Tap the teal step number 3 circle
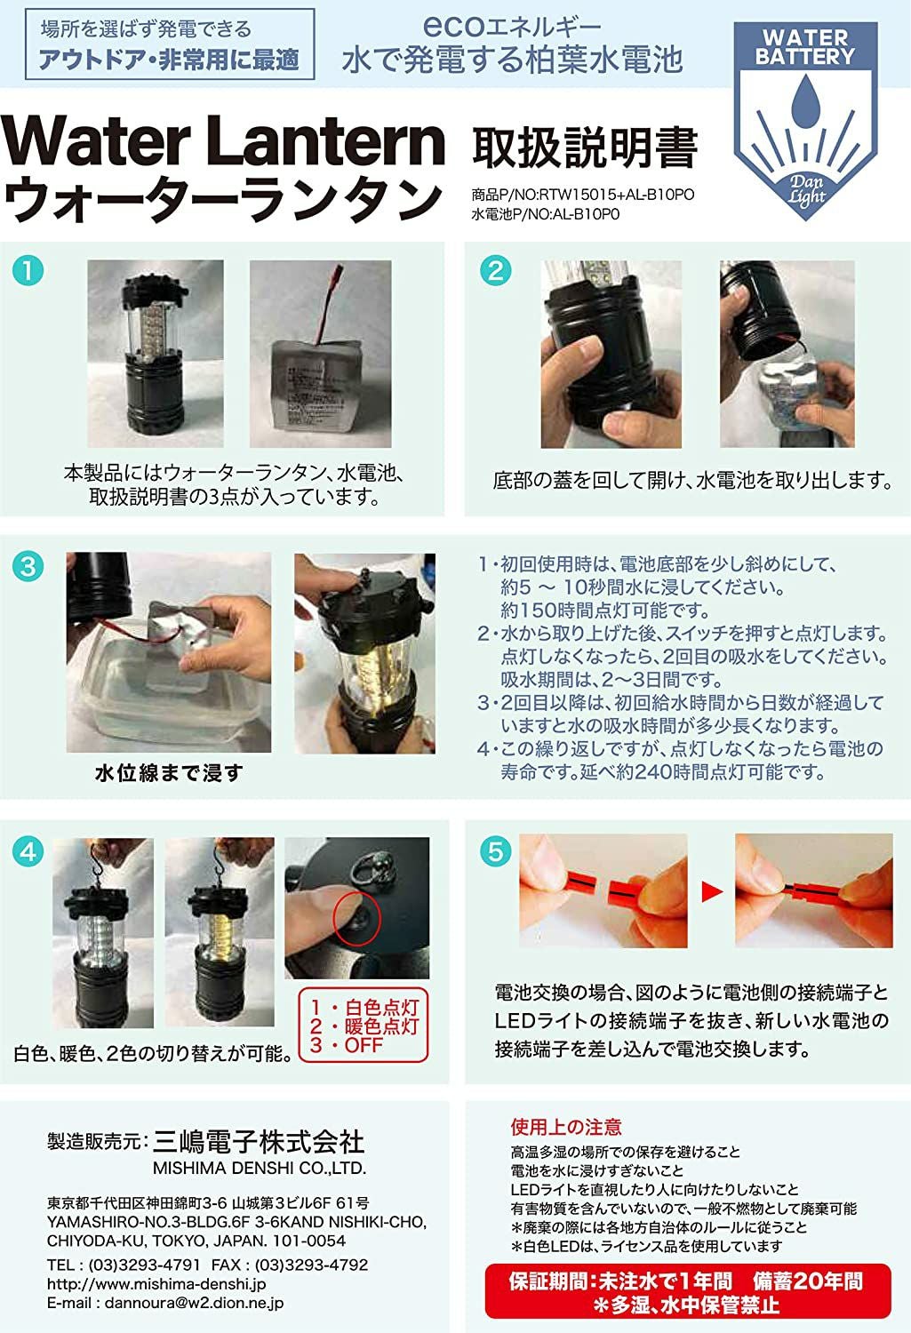coord(28,566)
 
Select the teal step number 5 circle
coord(495,851)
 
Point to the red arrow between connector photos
coord(712,891)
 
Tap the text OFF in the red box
coord(363,1044)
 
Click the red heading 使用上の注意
coord(566,1127)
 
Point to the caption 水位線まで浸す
coord(169,773)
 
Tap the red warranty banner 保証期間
coord(688,1290)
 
